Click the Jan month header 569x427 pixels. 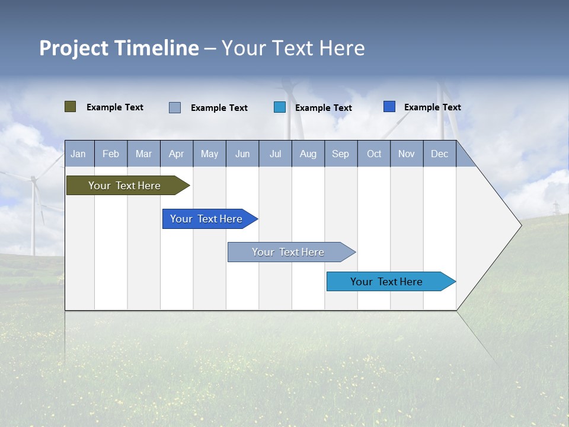(x=78, y=154)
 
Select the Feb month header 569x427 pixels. (x=111, y=154)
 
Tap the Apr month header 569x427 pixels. (x=176, y=154)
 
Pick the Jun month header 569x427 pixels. (x=242, y=154)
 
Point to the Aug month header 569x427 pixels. (x=308, y=154)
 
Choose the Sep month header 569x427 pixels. (x=340, y=154)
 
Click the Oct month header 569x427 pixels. (x=374, y=154)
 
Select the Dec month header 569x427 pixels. (x=439, y=154)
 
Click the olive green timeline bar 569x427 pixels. (x=124, y=186)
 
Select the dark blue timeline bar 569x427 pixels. (x=206, y=219)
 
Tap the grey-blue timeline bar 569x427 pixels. (x=288, y=252)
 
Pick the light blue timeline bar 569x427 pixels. (x=386, y=282)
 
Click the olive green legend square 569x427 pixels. (x=71, y=107)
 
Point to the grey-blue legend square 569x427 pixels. (x=175, y=107)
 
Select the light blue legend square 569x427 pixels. (x=280, y=107)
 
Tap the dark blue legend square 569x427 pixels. (x=389, y=107)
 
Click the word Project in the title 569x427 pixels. (x=74, y=48)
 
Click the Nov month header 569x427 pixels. (x=407, y=154)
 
